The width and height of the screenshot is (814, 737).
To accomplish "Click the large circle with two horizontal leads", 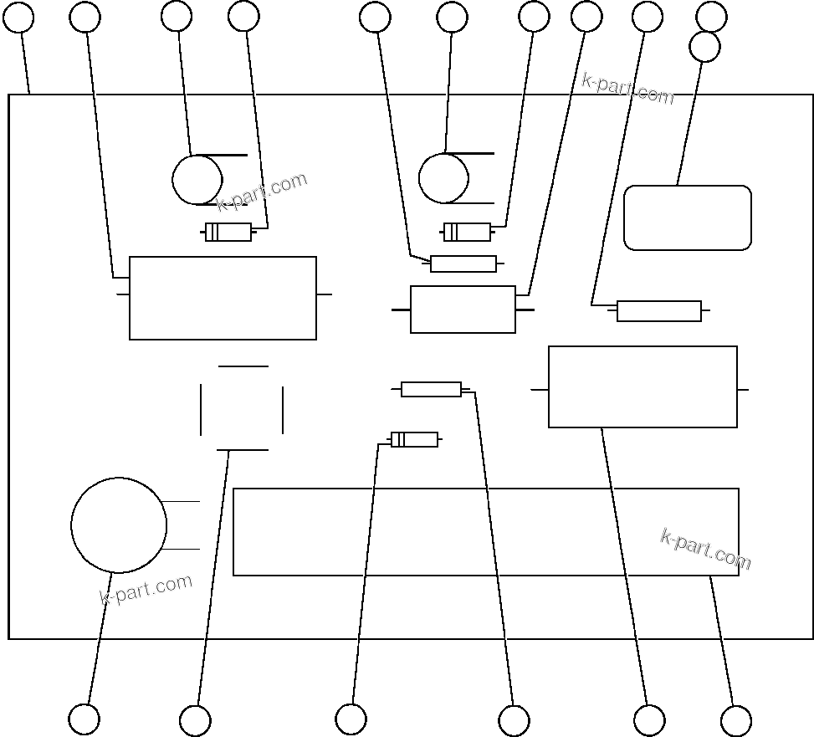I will point(119,525).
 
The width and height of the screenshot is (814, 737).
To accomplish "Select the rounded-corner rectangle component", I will point(688,218).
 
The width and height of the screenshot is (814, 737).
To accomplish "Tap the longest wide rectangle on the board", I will point(485,532).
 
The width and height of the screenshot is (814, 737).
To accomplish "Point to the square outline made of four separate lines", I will point(242,408).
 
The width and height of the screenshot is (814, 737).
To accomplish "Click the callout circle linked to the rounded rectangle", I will point(704,47).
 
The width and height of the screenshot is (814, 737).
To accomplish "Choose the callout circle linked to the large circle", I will point(84,719).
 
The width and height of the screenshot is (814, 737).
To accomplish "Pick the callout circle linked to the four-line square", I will point(195,720).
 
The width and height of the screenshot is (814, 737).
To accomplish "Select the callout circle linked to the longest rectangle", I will point(735,720).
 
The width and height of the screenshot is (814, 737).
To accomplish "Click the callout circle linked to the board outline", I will point(18,17).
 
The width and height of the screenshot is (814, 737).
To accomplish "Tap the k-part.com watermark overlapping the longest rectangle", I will point(705,549).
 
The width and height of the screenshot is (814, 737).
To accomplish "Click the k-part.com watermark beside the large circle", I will point(146,589).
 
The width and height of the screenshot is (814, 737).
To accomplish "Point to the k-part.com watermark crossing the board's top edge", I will point(627,89).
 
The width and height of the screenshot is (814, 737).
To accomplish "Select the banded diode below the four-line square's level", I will point(414,439).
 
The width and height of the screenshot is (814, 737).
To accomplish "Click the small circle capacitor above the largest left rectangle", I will point(197,180).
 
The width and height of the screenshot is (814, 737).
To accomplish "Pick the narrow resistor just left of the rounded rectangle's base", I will point(658,311).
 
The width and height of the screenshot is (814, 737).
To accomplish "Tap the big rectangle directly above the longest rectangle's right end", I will point(642,387).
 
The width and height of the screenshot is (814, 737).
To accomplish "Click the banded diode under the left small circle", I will point(228,233).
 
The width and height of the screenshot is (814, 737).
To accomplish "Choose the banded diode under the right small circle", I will point(467,232).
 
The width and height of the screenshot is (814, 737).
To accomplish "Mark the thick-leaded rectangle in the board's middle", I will point(463,310).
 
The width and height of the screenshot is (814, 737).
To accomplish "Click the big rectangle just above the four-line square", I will point(223,298).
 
